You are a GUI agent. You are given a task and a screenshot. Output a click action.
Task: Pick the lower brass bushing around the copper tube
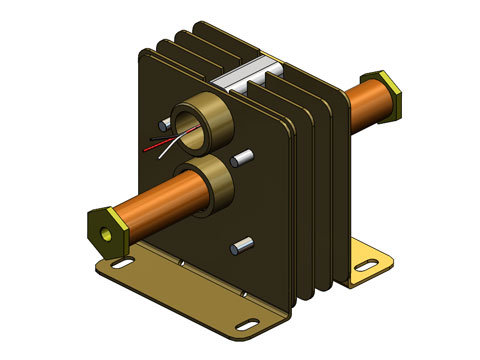point(204,187)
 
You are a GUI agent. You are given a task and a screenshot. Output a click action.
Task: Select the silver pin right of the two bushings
point(242,158)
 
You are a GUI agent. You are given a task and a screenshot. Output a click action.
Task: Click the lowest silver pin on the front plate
point(239,245)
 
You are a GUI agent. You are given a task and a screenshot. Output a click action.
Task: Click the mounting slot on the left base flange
point(122,264)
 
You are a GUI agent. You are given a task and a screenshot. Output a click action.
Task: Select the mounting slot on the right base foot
point(364,266)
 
